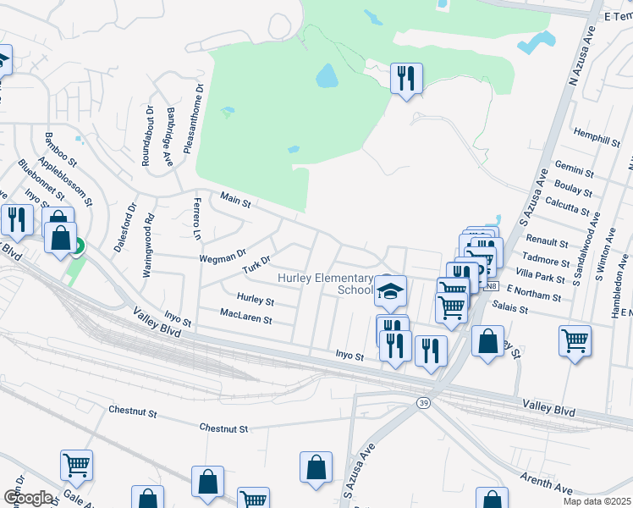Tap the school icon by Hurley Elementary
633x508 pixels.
(x=389, y=290)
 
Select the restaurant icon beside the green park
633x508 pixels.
(x=407, y=79)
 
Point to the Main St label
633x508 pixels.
(x=236, y=200)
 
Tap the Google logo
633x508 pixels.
(x=28, y=497)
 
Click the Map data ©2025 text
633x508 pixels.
(x=596, y=501)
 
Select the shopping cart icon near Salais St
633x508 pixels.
(x=575, y=340)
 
